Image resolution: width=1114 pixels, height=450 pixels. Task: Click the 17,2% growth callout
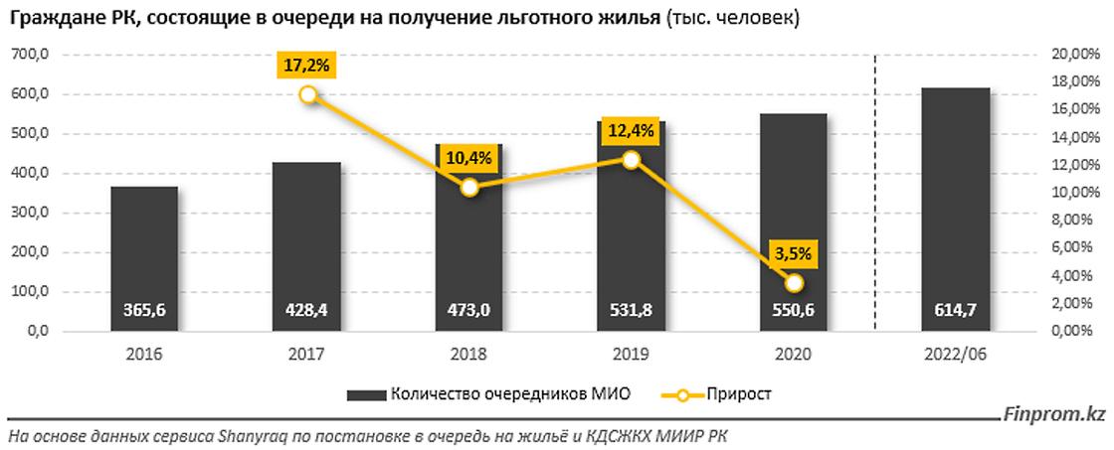[308, 67]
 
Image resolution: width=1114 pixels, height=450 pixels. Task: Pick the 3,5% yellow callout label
[793, 254]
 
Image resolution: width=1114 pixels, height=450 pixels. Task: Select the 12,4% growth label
[631, 130]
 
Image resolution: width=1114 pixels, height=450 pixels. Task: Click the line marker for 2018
[469, 187]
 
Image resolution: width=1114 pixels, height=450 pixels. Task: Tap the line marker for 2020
[793, 283]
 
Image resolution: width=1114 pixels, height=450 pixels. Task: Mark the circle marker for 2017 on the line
[308, 94]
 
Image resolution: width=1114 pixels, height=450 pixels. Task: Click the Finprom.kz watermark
[1057, 416]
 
